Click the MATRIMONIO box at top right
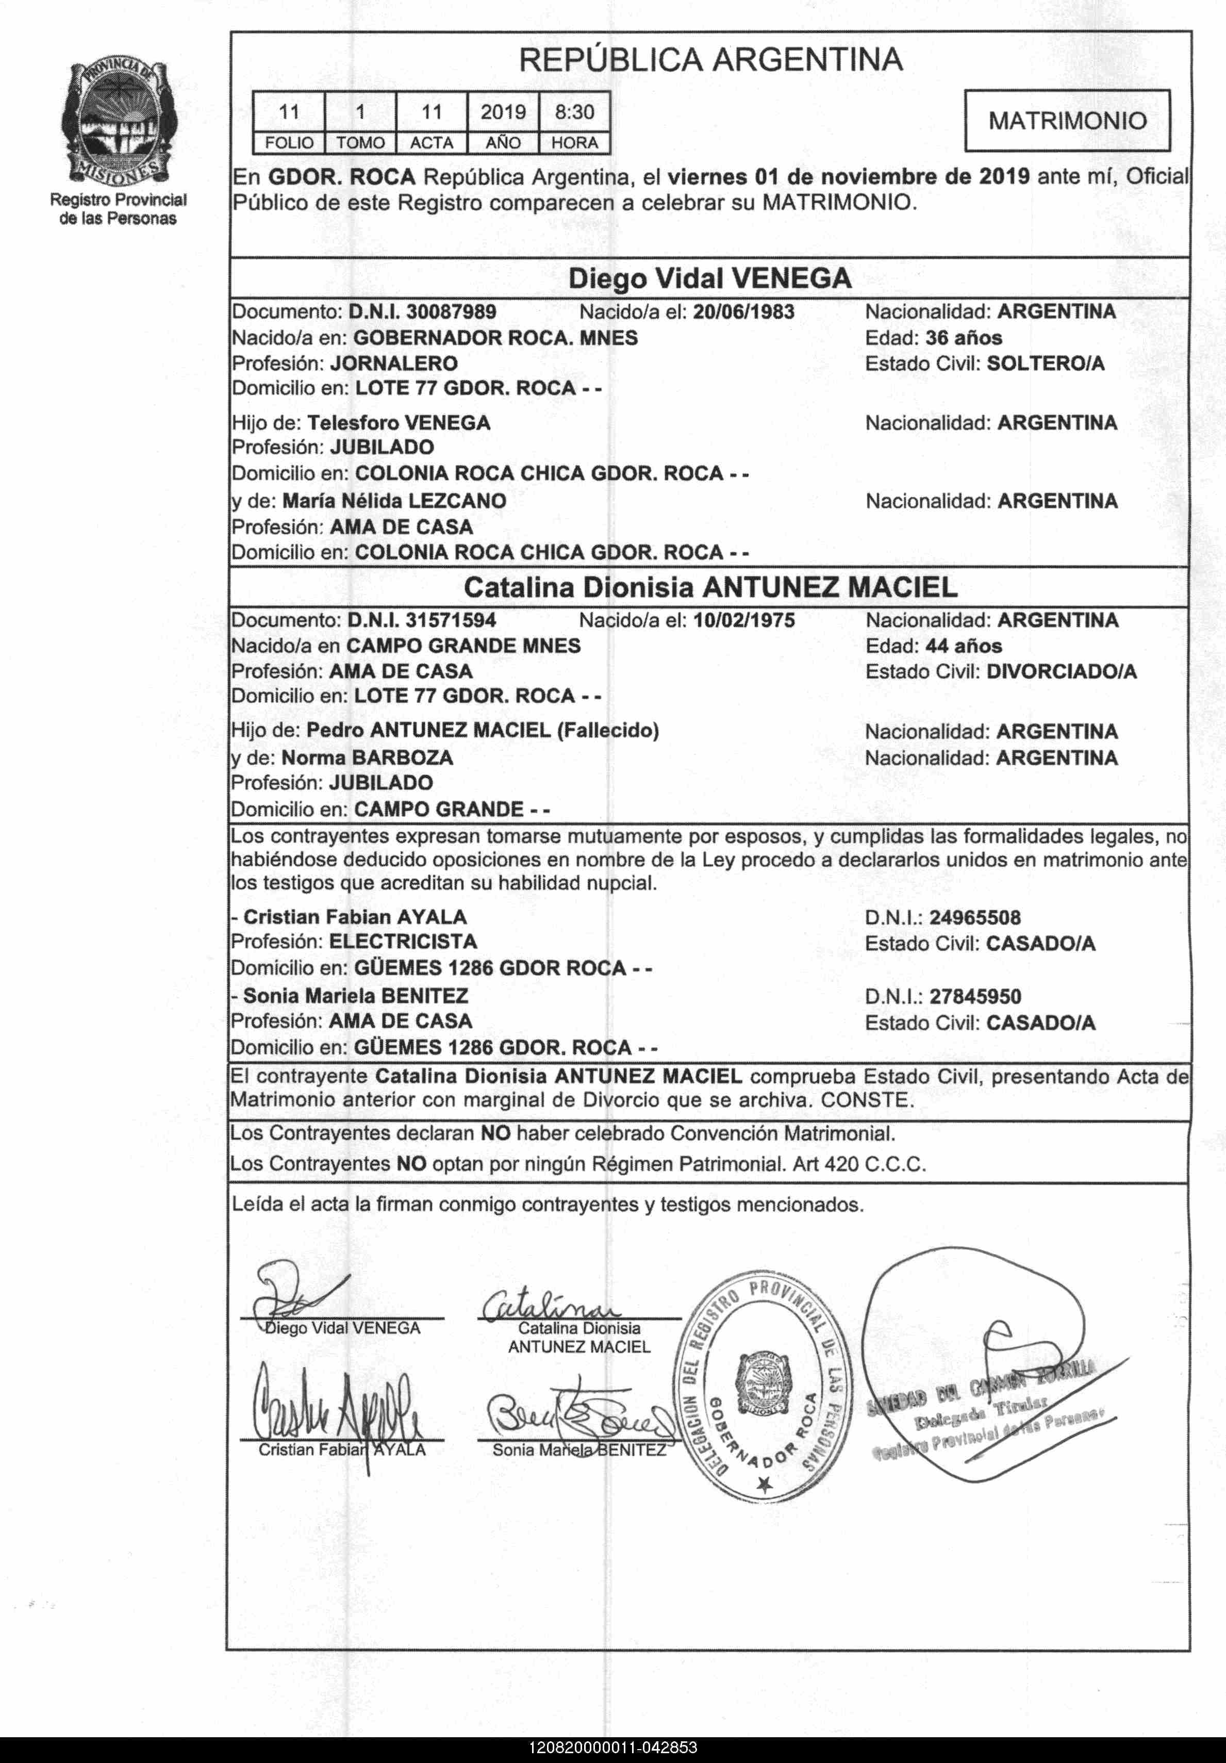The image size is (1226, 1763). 1067,121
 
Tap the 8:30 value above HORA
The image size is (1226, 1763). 574,112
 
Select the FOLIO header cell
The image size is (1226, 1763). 289,143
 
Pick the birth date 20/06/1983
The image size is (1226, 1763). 743,312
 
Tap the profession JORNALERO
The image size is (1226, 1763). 394,363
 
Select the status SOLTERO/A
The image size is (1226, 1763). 1046,363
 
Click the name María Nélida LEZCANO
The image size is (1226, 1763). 394,501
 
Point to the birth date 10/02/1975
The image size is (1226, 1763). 743,620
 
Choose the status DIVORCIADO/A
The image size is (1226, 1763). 1062,672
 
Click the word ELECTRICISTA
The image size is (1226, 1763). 403,942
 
